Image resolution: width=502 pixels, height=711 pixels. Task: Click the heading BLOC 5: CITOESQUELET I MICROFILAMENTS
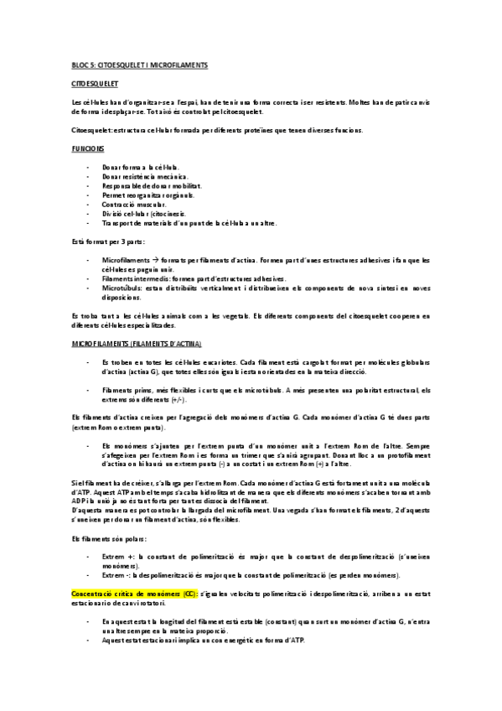click(x=139, y=65)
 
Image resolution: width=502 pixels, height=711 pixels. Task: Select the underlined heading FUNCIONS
click(x=88, y=148)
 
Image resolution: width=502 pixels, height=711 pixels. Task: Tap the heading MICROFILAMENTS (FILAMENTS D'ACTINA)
click(x=137, y=344)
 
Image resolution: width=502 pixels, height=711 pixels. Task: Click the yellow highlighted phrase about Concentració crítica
click(x=135, y=593)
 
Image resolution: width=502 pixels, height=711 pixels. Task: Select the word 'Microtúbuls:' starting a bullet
click(x=123, y=288)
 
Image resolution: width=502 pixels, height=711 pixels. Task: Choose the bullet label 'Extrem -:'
click(x=117, y=574)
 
